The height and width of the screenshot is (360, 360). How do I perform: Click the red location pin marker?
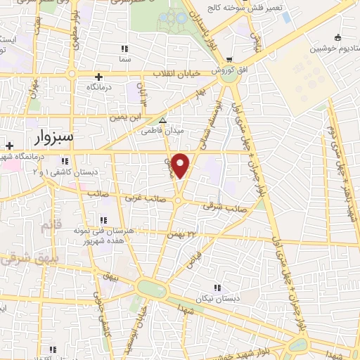coord(181,165)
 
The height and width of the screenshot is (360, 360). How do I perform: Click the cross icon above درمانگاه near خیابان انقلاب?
coord(98,77)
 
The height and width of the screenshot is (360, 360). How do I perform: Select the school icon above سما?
coord(124,49)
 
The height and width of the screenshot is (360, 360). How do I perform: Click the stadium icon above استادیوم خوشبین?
coord(338,37)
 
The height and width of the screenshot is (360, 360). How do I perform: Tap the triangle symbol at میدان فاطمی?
coord(163,120)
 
